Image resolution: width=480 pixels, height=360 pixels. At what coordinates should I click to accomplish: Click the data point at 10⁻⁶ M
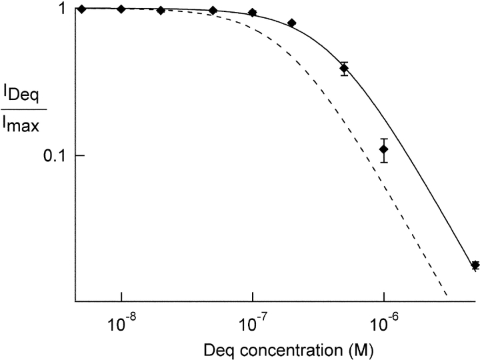click(x=384, y=149)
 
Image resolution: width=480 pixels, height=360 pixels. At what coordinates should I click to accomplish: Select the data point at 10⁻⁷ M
click(x=253, y=13)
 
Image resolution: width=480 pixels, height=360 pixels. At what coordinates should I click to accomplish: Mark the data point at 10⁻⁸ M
click(x=121, y=9)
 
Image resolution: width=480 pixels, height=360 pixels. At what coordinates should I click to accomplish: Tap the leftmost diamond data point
click(x=81, y=9)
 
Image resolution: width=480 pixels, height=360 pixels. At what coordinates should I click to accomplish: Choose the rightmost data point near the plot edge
click(x=475, y=265)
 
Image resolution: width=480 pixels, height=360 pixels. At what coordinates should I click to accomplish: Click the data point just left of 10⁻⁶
click(x=344, y=68)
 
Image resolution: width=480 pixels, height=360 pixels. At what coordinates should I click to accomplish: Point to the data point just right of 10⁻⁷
click(x=292, y=23)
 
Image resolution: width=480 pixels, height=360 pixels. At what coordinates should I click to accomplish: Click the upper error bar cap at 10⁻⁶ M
click(x=384, y=139)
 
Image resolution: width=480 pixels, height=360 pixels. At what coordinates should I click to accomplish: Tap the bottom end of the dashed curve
click(x=445, y=294)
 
